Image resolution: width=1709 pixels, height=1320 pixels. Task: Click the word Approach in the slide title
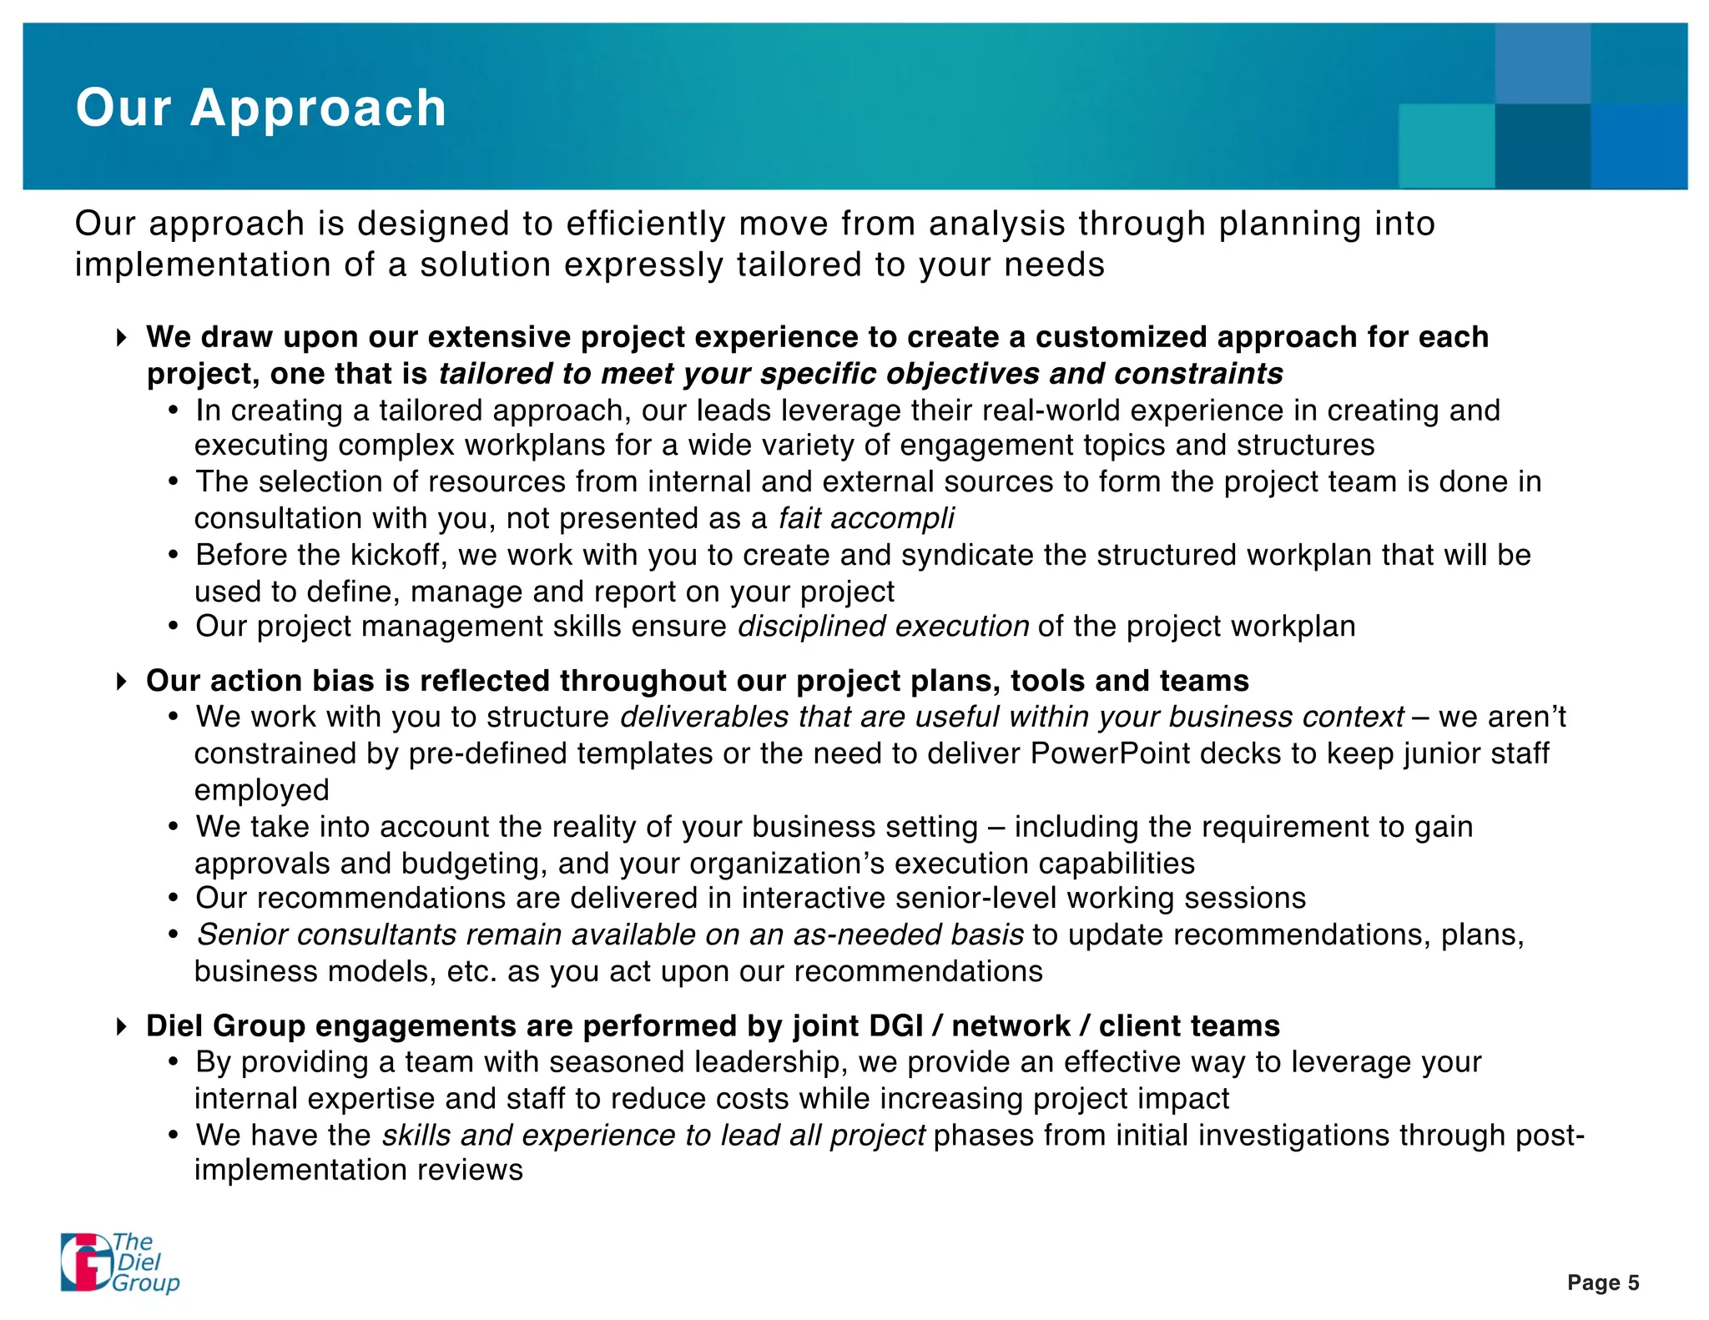click(x=318, y=108)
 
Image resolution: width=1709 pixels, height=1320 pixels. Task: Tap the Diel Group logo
click(x=119, y=1262)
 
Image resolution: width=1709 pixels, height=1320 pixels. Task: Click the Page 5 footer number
click(x=1602, y=1282)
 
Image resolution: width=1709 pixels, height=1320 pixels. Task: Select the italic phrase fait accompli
click(x=866, y=518)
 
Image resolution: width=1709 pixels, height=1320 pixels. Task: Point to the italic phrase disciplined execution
click(x=883, y=626)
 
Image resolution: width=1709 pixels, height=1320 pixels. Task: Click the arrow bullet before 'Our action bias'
click(x=122, y=682)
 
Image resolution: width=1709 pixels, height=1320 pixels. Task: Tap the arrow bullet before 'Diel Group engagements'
click(x=122, y=1026)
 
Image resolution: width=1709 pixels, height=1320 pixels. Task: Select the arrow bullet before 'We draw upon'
click(x=122, y=338)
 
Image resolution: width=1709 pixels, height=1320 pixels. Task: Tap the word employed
click(x=262, y=790)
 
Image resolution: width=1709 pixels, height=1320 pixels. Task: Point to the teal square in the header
click(x=1446, y=146)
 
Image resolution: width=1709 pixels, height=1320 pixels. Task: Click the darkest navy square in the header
click(x=1542, y=146)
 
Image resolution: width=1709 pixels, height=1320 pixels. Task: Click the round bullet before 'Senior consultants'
click(x=174, y=935)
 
